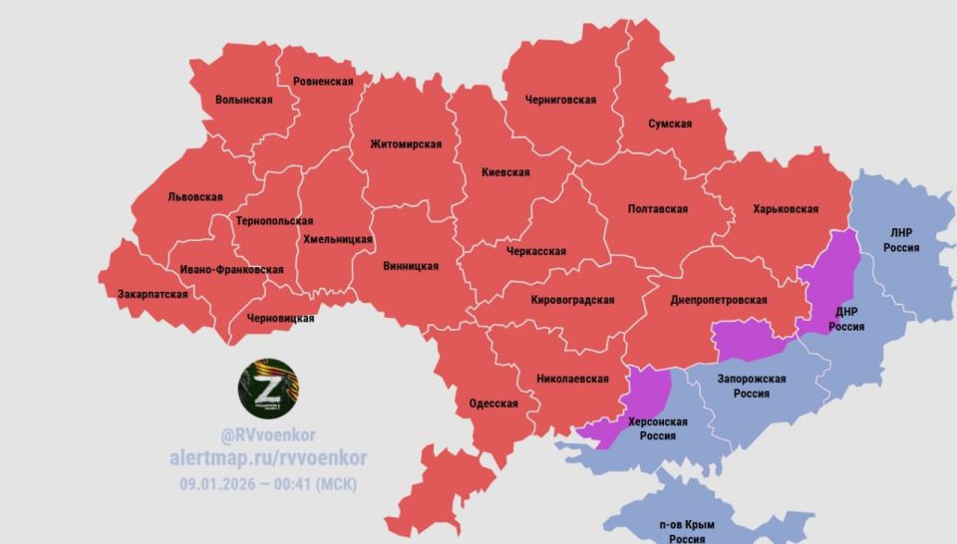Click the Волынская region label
point(244,100)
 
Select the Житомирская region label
point(405,143)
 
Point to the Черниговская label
point(560,100)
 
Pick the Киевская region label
point(505,172)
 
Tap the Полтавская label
point(658,209)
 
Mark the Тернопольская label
point(273,221)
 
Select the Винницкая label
point(411,266)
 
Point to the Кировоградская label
point(572,300)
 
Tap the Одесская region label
point(493,404)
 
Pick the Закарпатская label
point(153,295)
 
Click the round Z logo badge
point(265,385)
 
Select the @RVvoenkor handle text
point(267,435)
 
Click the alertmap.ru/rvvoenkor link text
point(267,458)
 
